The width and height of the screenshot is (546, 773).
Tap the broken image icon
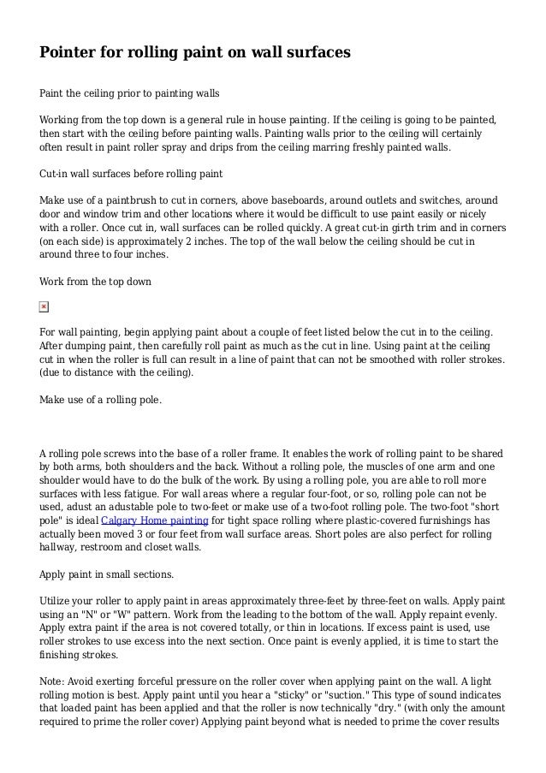click(45, 306)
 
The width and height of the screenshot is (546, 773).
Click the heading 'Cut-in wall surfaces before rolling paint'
click(131, 174)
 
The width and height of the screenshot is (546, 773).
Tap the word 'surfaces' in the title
click(312, 53)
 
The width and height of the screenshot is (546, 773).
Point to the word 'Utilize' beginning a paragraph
click(56, 577)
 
